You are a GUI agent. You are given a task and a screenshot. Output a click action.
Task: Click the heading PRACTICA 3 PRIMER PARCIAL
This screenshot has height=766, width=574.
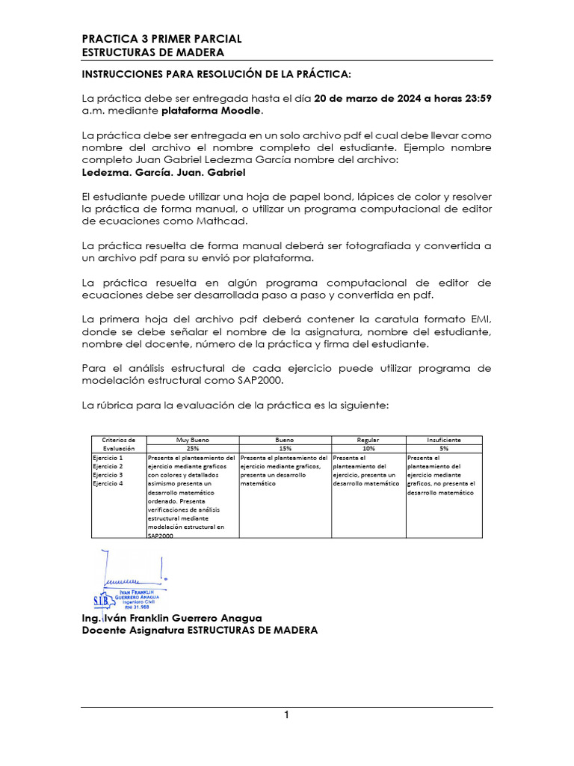coord(161,39)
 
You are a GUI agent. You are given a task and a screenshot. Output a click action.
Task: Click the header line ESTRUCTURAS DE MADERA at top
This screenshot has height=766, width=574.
coord(152,52)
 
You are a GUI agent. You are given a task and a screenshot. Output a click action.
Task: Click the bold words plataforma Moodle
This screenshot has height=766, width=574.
coord(212,111)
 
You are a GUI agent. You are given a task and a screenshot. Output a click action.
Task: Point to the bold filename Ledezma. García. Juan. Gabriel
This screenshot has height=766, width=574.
coord(163,171)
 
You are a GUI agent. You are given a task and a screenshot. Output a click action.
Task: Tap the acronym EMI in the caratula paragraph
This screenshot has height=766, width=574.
coord(479,319)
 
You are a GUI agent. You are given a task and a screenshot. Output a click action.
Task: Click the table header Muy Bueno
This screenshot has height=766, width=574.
coord(192,441)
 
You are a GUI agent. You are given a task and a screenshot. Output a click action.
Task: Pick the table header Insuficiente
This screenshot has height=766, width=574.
coord(443,441)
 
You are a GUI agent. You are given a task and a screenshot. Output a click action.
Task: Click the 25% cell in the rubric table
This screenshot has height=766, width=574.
coord(192,449)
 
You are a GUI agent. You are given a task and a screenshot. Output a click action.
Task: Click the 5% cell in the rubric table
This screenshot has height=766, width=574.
coord(443,449)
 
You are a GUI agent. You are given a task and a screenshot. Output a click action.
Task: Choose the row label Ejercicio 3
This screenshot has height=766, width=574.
coord(108,475)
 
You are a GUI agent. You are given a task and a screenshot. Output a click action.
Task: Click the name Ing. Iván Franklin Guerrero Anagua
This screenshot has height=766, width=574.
coord(172,619)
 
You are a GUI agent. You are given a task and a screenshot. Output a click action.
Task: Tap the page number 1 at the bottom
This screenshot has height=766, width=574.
coord(286,715)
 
